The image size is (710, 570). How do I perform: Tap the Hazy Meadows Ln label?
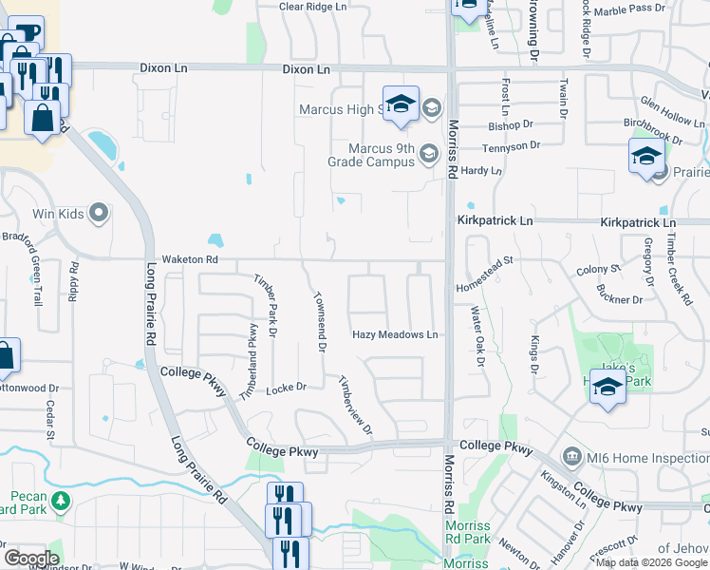(x=395, y=334)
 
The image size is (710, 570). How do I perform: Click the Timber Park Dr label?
(x=265, y=305)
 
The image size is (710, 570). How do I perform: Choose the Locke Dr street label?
(x=286, y=388)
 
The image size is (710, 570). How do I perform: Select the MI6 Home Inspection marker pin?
(x=571, y=456)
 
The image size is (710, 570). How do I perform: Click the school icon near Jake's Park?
(x=607, y=387)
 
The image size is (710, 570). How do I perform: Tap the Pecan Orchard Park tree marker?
(x=61, y=500)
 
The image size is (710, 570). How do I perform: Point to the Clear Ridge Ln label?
(x=312, y=7)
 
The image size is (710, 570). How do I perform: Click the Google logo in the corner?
(x=31, y=558)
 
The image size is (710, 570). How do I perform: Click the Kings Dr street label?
(x=534, y=353)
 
